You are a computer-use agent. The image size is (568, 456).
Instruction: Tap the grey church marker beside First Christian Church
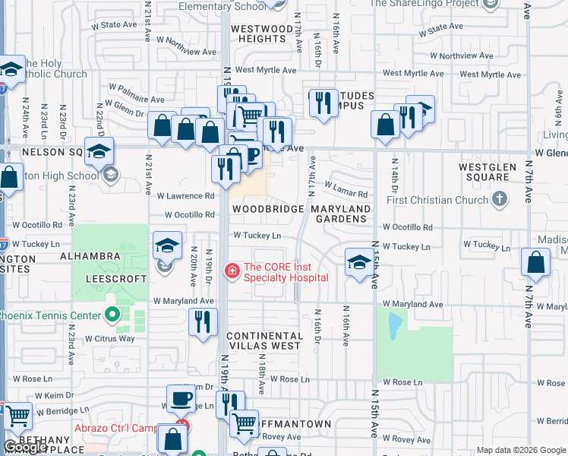coord(499,199)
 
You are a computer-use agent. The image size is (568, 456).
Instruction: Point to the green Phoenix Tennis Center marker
coord(112,314)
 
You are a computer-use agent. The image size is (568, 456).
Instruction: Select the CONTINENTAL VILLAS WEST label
coord(264,340)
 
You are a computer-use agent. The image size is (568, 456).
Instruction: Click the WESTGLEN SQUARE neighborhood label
coord(484,172)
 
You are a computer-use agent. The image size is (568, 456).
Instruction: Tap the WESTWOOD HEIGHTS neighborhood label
coord(262,33)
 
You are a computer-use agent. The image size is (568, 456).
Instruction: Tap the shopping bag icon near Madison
coord(535,264)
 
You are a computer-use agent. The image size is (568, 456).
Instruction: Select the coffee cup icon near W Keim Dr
coord(181,398)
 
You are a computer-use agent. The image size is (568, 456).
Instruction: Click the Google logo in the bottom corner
coord(26,448)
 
